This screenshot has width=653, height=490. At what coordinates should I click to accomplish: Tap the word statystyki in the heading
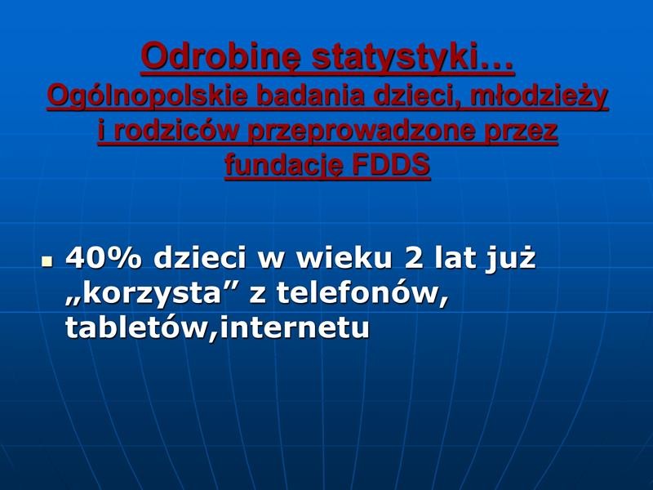click(413, 57)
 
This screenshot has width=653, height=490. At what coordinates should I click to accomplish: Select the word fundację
click(284, 166)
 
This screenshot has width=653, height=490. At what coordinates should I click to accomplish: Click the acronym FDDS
click(391, 164)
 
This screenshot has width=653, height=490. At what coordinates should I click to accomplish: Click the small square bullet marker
click(47, 261)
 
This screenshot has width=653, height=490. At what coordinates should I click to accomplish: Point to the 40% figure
click(104, 258)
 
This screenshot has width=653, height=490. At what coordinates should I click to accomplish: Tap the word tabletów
click(137, 327)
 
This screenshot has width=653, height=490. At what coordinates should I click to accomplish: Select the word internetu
click(294, 328)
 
